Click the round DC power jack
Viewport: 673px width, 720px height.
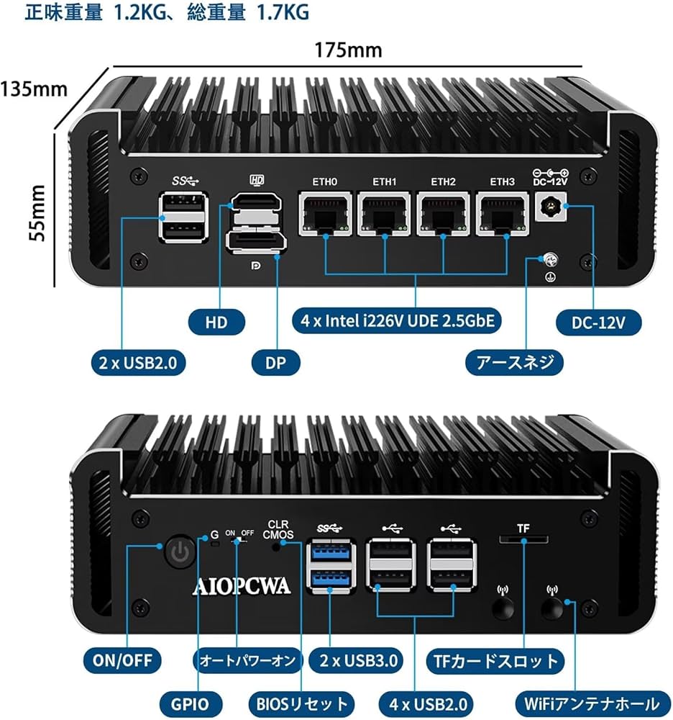coord(553,207)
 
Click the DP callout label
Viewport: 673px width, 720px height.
coord(276,362)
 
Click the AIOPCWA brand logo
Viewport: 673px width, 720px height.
coord(241,586)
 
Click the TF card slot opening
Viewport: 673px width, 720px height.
coord(523,540)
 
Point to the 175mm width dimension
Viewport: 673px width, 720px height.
coord(348,50)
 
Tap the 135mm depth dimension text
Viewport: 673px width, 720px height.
coord(34,89)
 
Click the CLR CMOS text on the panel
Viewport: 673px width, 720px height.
coord(277,529)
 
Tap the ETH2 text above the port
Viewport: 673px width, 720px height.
coord(444,181)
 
